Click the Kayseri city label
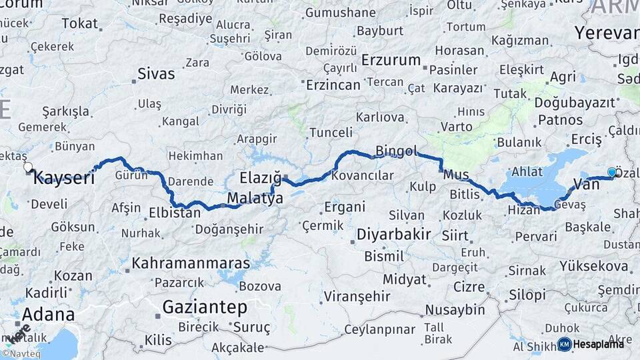point(63,177)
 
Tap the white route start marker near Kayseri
point(28,167)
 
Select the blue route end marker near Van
point(612,173)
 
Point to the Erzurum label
point(391,60)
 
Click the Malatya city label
point(255,198)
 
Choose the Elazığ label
point(260,177)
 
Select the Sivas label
point(156,73)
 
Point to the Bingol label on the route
point(396,150)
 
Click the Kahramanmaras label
point(191,263)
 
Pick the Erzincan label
point(333,85)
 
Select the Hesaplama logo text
point(599,344)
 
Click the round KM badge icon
point(564,344)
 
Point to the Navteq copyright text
point(21,353)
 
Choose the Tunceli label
point(331,133)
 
